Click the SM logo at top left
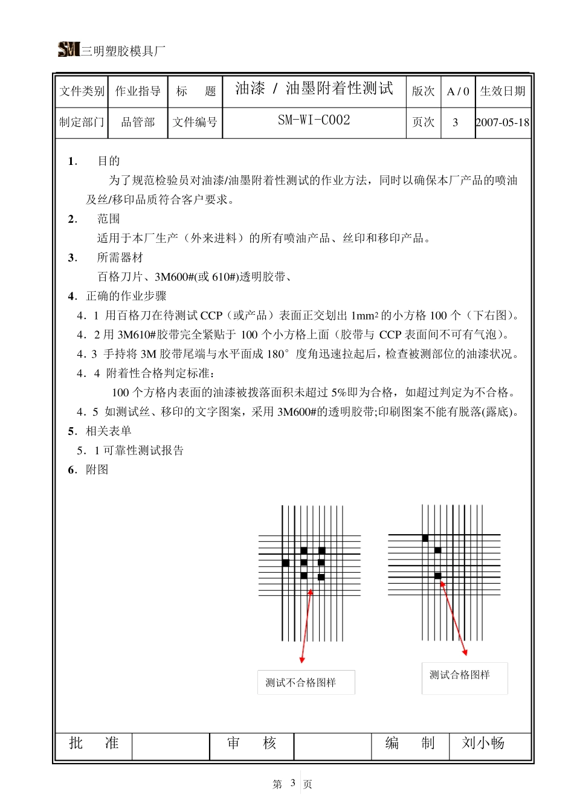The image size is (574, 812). coord(69,50)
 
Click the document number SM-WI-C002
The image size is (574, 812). coord(314,120)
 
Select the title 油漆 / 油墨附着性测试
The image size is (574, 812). coord(314,89)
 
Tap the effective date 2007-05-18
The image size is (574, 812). coord(502,123)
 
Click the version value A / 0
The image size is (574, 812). coord(457,92)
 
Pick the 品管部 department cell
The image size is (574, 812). coord(138,123)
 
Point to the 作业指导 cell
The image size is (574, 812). coord(138,91)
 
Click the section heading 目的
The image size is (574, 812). coord(109,161)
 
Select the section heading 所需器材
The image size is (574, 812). coord(120,258)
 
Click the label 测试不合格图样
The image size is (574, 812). coord(301,683)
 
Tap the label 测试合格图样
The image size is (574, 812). coord(460,675)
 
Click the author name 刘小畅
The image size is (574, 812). coord(483,743)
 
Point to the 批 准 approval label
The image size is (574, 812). coord(94,743)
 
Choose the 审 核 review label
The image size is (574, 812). coord(251,743)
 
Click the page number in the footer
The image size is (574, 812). coord(292,783)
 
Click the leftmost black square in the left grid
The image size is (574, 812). coord(286,563)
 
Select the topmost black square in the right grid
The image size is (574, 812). coord(425,538)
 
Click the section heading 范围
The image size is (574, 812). coord(109,219)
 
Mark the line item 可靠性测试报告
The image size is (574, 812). coord(143,451)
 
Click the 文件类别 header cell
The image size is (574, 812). coord(82,91)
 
